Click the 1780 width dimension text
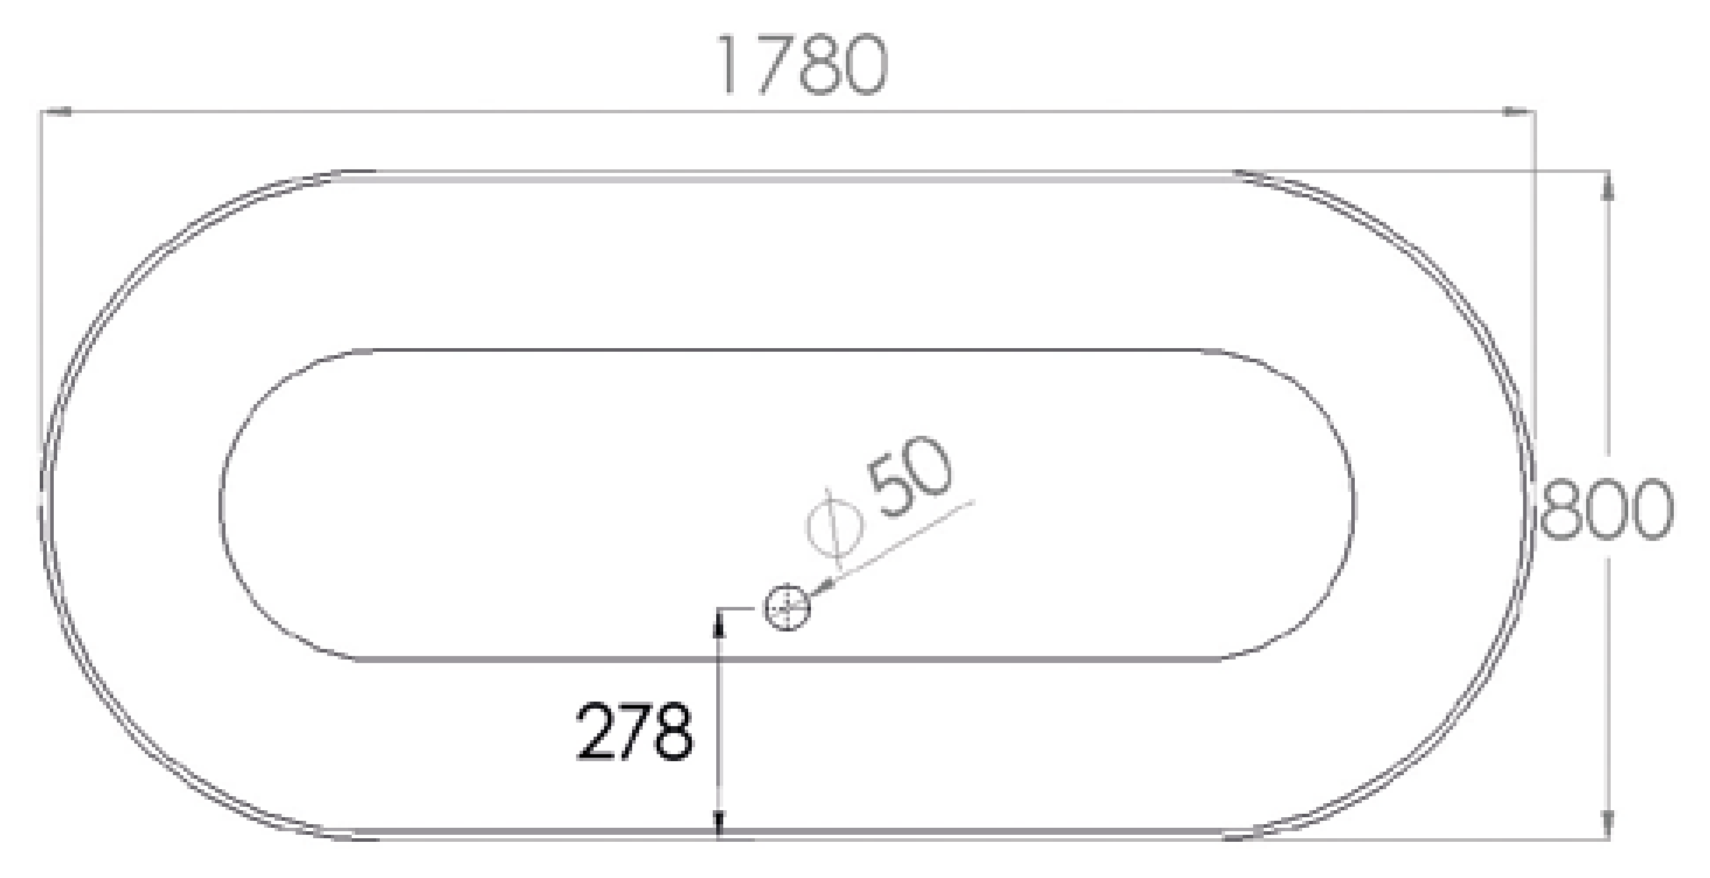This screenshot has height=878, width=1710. (803, 64)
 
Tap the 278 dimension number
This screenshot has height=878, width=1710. (634, 731)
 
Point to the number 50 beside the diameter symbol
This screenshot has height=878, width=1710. (911, 477)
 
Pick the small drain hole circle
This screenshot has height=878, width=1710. (788, 607)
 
